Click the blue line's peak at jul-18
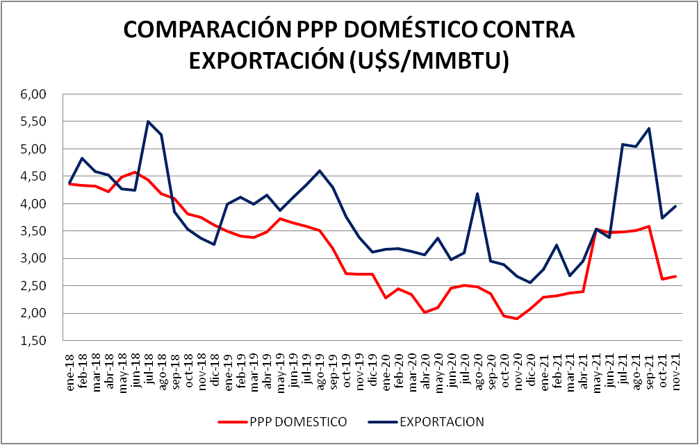coord(148,121)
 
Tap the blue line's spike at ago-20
coord(477,194)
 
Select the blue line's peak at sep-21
coord(648,128)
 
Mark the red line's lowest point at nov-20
coord(517,319)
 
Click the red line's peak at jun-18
coord(135,172)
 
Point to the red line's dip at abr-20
coord(425,312)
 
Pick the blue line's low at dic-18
coord(214,244)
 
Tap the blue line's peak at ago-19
coord(320,171)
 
